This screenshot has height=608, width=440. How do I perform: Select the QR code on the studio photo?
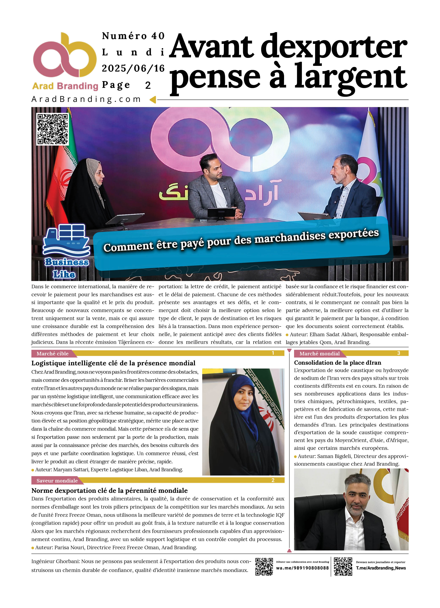point(53,129)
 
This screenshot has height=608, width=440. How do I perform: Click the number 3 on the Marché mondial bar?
point(398,353)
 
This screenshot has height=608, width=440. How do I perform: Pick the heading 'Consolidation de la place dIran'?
point(337,363)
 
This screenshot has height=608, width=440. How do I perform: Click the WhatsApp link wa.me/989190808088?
point(302,568)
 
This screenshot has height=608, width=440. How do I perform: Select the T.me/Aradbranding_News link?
point(381,568)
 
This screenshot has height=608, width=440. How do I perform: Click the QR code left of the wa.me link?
point(264,566)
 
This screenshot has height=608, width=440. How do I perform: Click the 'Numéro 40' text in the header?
point(133,36)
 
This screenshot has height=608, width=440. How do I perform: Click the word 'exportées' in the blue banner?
point(354,234)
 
